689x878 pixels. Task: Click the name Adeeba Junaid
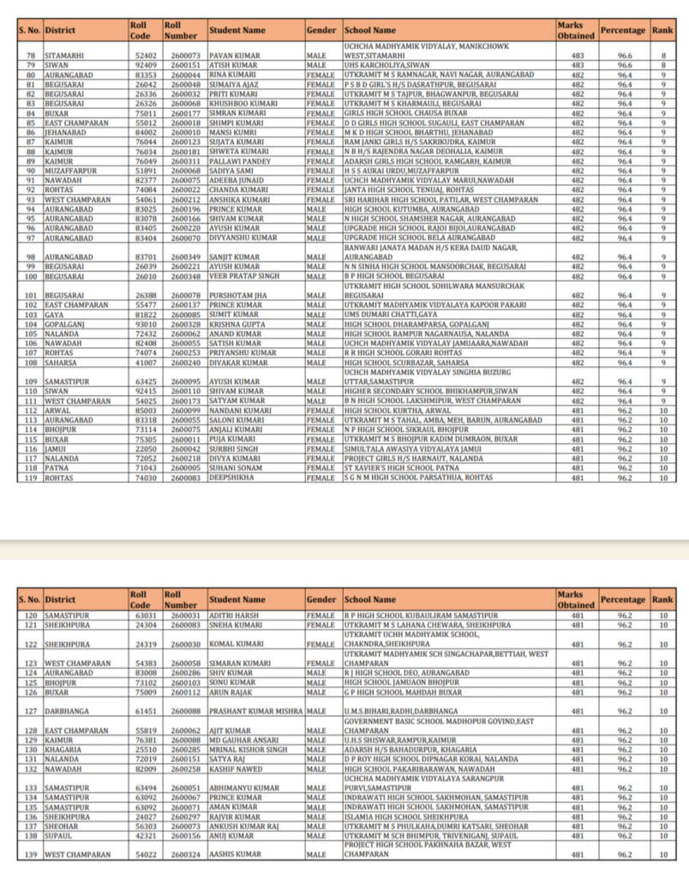click(236, 179)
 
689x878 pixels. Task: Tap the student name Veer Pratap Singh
click(243, 277)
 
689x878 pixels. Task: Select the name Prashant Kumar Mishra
click(255, 711)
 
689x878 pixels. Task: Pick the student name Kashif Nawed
click(235, 768)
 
